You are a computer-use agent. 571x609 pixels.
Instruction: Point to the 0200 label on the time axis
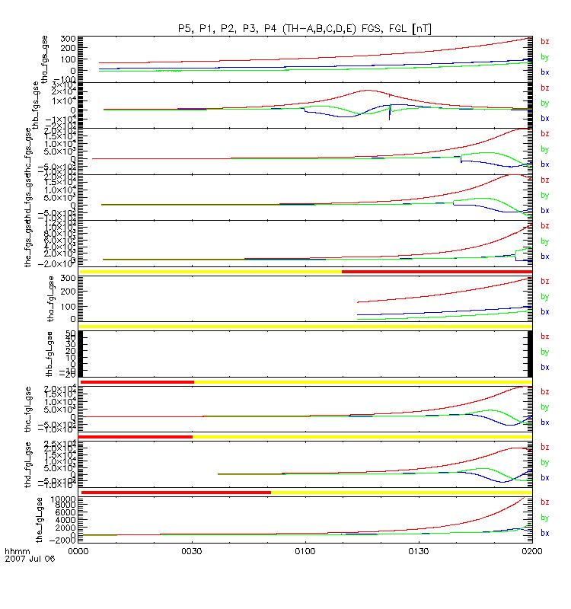click(531, 548)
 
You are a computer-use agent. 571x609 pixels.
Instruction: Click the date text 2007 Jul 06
click(27, 558)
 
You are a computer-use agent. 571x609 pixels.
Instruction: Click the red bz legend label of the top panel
click(544, 42)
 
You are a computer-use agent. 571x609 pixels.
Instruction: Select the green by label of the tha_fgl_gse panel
click(544, 297)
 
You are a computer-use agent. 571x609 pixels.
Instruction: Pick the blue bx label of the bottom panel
click(544, 533)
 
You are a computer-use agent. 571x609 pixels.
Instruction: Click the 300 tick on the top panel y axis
click(66, 39)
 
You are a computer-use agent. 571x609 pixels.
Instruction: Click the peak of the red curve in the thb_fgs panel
click(368, 90)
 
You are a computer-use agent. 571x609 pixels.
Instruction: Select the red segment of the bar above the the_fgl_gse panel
click(176, 493)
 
